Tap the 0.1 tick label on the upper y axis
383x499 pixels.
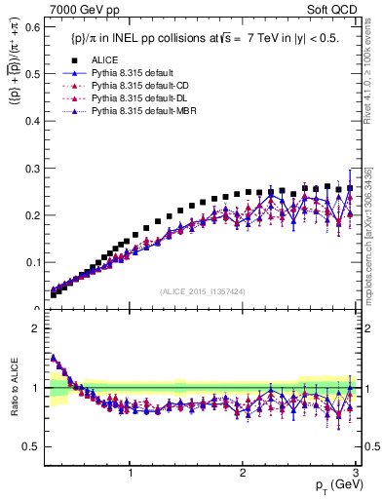tap(30, 262)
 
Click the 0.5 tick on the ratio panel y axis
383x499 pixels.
tap(30, 446)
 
